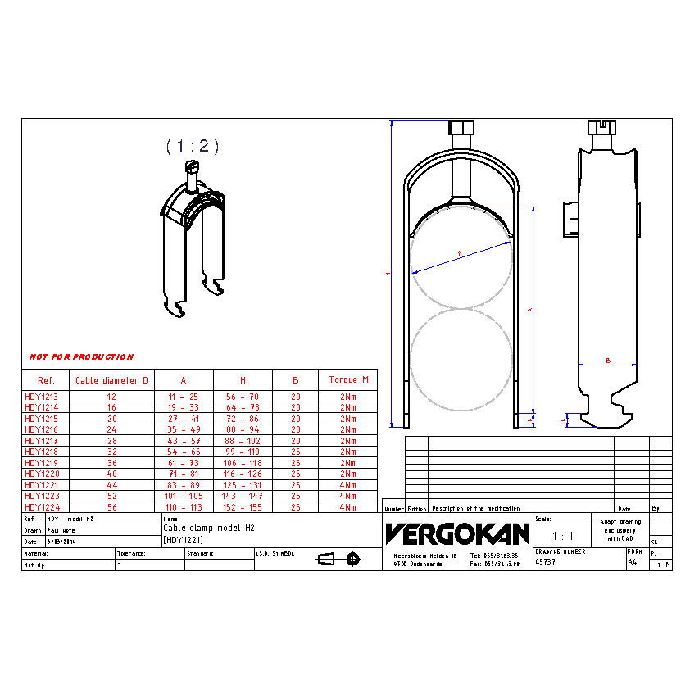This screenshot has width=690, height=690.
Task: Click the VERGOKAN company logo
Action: click(457, 534)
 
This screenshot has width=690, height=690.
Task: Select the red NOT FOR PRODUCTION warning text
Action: click(81, 357)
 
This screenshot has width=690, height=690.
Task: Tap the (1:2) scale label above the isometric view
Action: click(193, 146)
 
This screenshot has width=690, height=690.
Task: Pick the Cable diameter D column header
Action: click(112, 380)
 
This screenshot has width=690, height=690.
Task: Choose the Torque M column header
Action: click(348, 380)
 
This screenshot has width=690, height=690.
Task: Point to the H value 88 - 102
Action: click(243, 441)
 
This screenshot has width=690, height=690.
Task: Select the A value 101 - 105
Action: click(184, 496)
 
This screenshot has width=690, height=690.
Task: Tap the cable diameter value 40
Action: click(112, 474)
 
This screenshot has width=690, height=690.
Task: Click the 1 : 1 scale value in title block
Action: click(562, 537)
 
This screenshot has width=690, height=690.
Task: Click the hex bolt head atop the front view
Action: click(461, 129)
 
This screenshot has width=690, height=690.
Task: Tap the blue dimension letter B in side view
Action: click(607, 360)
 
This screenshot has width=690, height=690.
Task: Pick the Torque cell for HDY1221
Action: click(348, 485)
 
